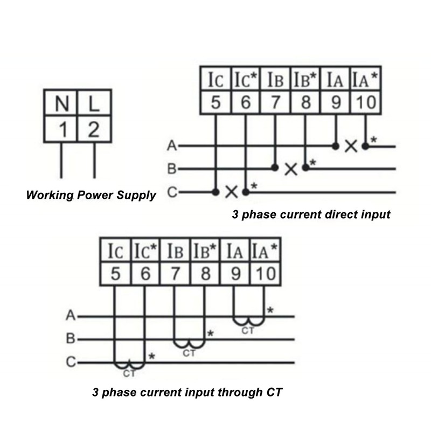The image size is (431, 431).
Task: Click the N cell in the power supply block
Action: click(61, 103)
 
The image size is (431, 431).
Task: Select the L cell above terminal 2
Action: click(95, 103)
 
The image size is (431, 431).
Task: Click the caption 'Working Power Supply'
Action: click(91, 195)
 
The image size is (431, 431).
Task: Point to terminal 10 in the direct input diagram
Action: click(366, 102)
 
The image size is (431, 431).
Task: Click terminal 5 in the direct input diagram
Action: click(216, 102)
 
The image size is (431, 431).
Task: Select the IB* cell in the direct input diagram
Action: click(305, 79)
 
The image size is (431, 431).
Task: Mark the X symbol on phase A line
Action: click(351, 146)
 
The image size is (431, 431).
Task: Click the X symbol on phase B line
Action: click(291, 169)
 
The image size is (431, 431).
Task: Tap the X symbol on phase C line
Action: click(232, 192)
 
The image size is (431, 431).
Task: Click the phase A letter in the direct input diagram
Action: click(172, 145)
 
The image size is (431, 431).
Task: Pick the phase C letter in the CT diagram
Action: click(71, 362)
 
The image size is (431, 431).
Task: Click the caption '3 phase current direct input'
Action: click(311, 214)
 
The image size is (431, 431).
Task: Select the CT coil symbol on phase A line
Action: click(248, 321)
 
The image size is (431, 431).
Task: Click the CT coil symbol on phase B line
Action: click(190, 344)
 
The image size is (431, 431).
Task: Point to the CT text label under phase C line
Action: click(129, 374)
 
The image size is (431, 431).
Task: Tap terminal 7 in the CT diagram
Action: click(175, 274)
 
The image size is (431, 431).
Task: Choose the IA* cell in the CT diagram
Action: click(265, 251)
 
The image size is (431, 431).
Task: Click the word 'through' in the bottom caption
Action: click(239, 392)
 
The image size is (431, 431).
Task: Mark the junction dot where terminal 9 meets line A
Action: click(336, 146)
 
